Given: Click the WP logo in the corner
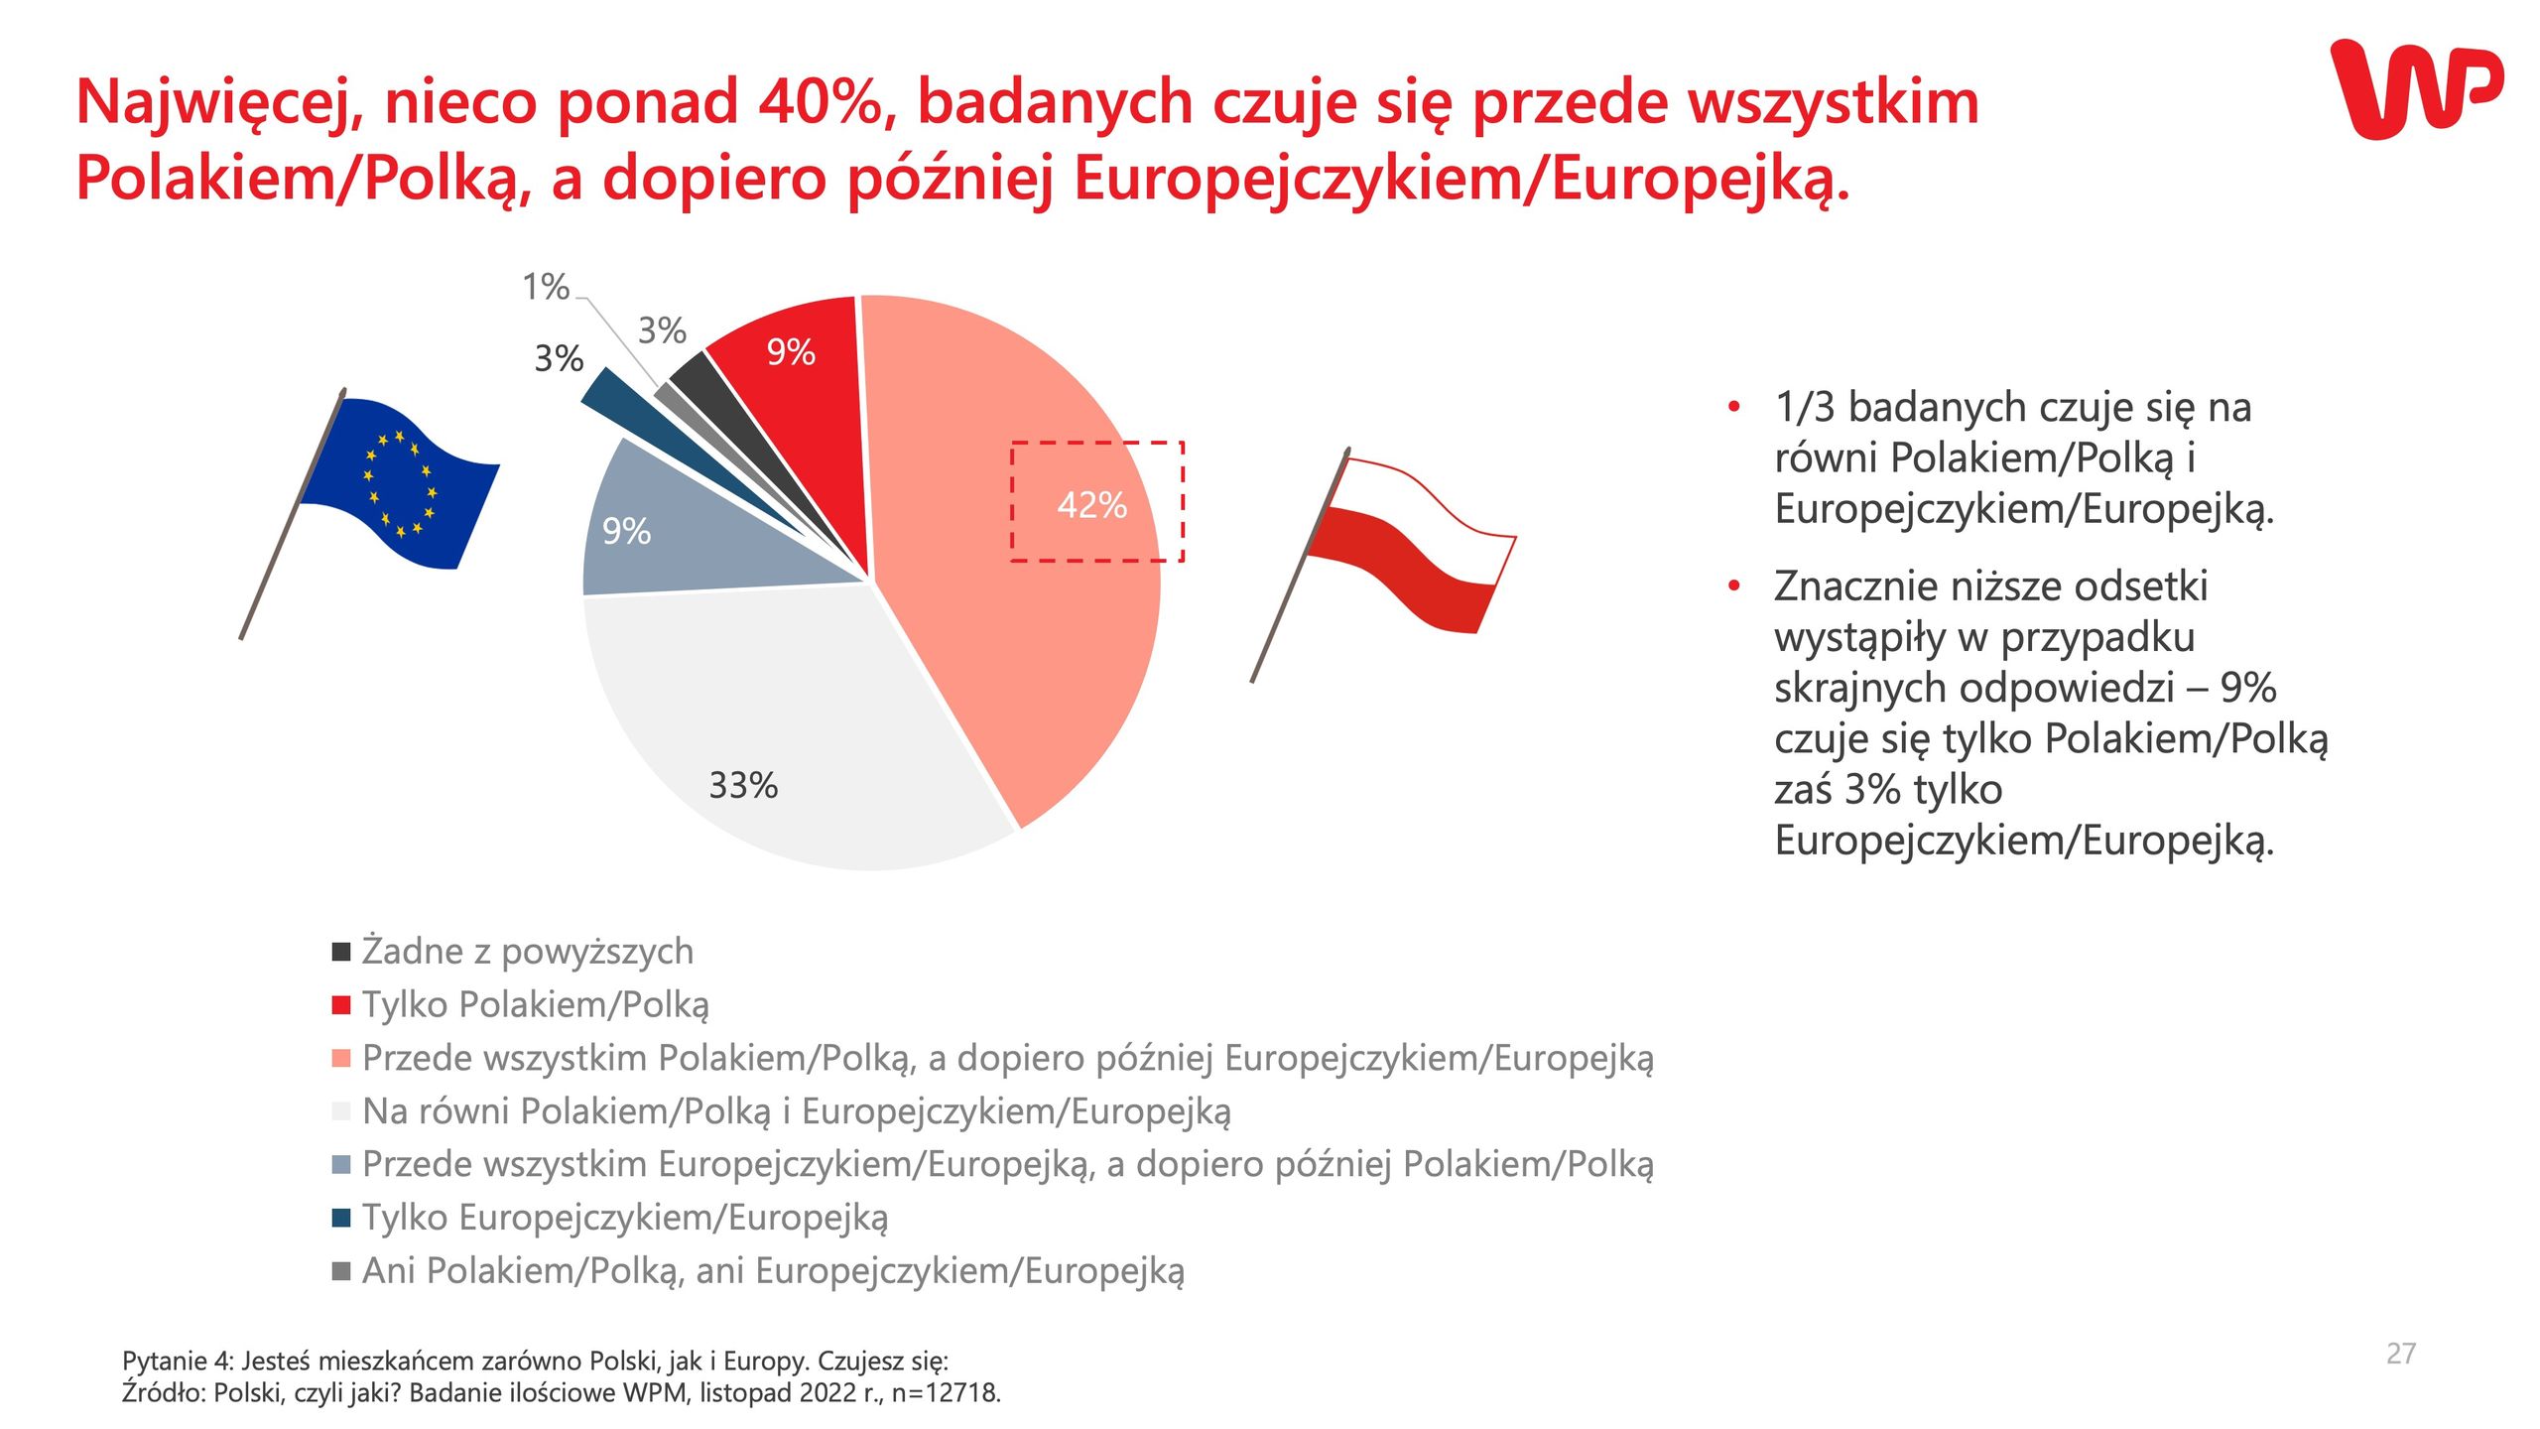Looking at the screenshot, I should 2415,89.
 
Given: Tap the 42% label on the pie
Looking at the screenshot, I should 1091,505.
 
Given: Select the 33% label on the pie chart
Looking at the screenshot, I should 743,786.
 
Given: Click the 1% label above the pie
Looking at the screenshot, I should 546,288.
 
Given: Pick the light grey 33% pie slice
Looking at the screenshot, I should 794,714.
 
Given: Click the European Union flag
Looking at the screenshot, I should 397,481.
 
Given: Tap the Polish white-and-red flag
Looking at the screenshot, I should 1409,541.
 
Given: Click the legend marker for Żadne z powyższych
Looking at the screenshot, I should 341,952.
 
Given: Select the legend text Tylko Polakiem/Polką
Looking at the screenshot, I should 536,1005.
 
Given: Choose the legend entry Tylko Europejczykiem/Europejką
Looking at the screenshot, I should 625,1218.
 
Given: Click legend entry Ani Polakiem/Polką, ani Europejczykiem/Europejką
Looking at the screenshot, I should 773,1271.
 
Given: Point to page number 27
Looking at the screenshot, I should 2400,1354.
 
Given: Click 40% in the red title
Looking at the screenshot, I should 820,102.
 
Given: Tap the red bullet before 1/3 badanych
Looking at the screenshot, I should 1733,407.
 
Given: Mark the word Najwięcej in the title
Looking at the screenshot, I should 218,104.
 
